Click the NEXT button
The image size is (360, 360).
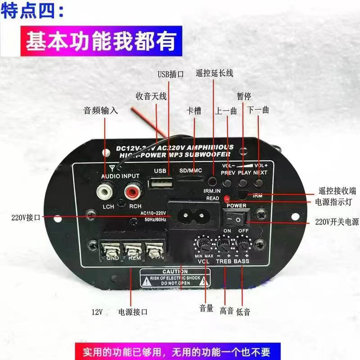pyautogui.click(x=259, y=183)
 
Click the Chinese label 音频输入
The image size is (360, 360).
pyautogui.click(x=101, y=110)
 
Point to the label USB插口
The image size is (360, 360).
pyautogui.click(x=170, y=75)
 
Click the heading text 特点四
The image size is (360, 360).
pyautogui.click(x=32, y=12)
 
